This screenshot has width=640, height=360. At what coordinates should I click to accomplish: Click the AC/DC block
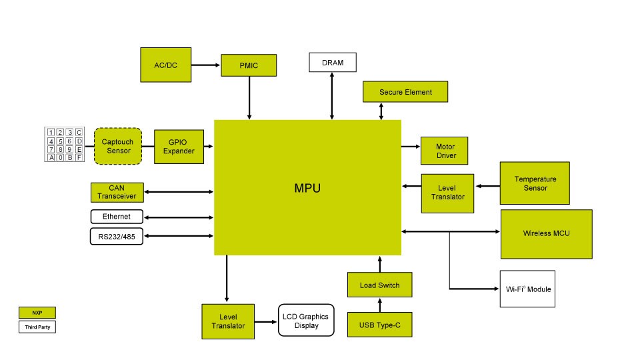pyautogui.click(x=166, y=65)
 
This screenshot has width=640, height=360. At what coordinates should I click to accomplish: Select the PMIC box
pyautogui.click(x=249, y=65)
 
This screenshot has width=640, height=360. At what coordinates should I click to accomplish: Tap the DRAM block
pyautogui.click(x=333, y=63)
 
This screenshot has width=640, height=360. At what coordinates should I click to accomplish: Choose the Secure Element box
pyautogui.click(x=405, y=92)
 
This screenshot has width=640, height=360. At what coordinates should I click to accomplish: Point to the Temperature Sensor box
pyautogui.click(x=535, y=183)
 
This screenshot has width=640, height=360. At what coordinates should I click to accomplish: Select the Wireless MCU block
pyautogui.click(x=546, y=234)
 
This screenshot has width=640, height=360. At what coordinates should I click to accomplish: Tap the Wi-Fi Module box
pyautogui.click(x=527, y=289)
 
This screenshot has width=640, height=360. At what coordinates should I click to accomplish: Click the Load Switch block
pyautogui.click(x=379, y=285)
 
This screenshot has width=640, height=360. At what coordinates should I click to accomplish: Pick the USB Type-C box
pyautogui.click(x=379, y=325)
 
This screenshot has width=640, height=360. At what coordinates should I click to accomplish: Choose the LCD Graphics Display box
pyautogui.click(x=306, y=321)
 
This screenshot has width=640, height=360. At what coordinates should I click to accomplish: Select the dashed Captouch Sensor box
pyautogui.click(x=118, y=146)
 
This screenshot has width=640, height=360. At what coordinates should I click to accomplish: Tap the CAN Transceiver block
pyautogui.click(x=117, y=192)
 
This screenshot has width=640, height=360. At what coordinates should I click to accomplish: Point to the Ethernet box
pyautogui.click(x=117, y=217)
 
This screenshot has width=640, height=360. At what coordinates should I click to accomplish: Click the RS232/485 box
pyautogui.click(x=117, y=237)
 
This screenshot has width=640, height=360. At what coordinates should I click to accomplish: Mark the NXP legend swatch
pyautogui.click(x=37, y=313)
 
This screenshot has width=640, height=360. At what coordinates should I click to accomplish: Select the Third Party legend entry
pyautogui.click(x=37, y=327)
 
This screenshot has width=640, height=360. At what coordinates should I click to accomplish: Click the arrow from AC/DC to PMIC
pyautogui.click(x=206, y=65)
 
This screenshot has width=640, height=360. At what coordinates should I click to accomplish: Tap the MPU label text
pyautogui.click(x=307, y=188)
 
